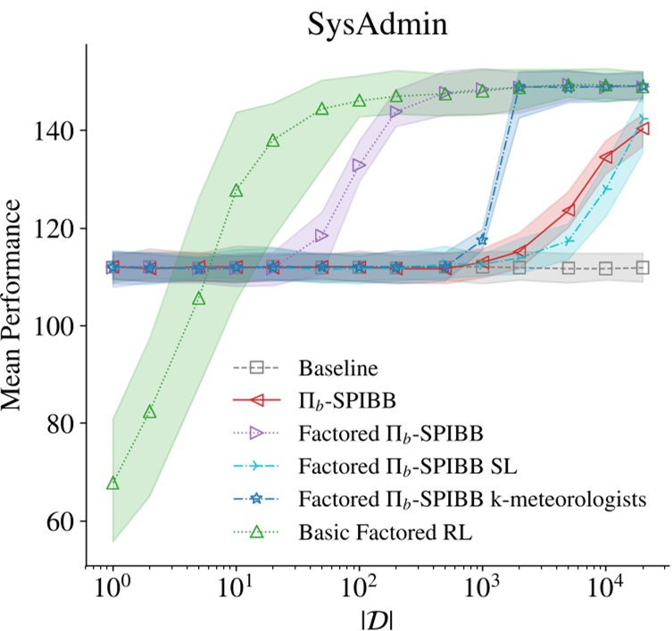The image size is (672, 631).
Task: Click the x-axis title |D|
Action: [373, 614]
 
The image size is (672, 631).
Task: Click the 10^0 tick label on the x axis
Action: [112, 585]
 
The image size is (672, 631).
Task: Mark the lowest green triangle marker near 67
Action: [112, 483]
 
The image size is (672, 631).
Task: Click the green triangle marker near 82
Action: [150, 411]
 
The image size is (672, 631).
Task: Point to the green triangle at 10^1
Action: [236, 191]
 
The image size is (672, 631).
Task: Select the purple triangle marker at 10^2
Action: [359, 165]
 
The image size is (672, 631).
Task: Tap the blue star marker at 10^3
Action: [483, 239]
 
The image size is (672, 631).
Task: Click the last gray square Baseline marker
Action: [643, 268]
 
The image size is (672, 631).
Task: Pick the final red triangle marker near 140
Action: [643, 129]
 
